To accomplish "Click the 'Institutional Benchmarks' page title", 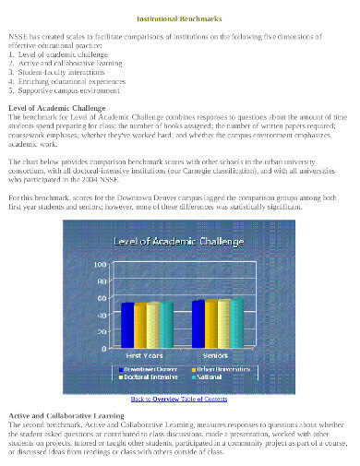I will (178, 18).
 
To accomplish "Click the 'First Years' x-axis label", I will (145, 354).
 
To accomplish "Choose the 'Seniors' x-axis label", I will (217, 354).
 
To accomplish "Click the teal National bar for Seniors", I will (236, 321).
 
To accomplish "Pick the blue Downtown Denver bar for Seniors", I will (198, 322).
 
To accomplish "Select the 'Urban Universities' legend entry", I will (219, 369).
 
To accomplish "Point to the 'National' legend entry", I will (208, 376).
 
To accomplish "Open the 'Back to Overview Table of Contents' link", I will (178, 399).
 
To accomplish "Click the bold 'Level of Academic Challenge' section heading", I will (57, 108).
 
